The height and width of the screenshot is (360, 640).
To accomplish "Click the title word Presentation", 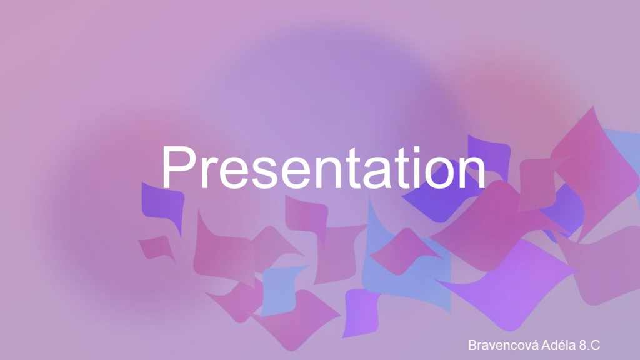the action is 324,167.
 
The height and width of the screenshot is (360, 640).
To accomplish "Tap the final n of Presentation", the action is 471,172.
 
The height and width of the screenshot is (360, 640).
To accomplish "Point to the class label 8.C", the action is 590,345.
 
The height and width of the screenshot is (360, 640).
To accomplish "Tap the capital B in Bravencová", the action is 472,345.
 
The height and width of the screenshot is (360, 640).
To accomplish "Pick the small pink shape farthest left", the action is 157,247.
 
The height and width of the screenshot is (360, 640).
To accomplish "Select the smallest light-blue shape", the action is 282,289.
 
